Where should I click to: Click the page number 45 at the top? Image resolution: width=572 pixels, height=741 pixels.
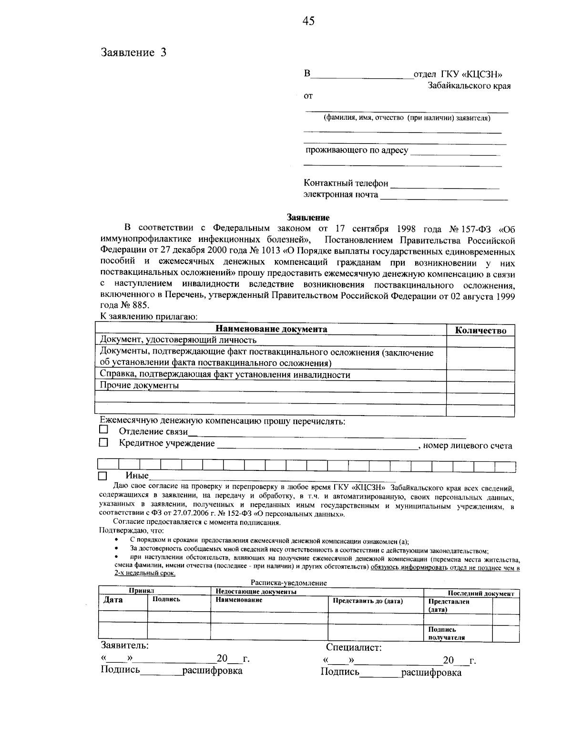coord(308,21)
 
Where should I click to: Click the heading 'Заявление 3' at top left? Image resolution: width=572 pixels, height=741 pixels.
coord(133,52)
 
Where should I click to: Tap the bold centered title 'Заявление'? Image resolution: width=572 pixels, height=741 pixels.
coord(308,218)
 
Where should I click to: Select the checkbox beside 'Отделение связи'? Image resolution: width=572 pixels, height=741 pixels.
coord(103,430)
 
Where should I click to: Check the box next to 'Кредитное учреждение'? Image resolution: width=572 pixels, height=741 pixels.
coord(103,443)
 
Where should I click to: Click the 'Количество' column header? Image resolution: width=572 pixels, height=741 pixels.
coord(480,330)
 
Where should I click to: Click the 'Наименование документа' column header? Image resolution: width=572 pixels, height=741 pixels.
coord(271,329)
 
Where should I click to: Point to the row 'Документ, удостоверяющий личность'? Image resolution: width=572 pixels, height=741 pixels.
coord(178,340)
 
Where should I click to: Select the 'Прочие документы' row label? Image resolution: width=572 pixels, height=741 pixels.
coord(139,386)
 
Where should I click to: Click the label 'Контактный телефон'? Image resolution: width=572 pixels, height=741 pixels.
coord(346,183)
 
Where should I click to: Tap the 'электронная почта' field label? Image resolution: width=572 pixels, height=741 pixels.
coord(341,195)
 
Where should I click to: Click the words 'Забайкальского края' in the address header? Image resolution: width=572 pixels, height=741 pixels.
coord(469,86)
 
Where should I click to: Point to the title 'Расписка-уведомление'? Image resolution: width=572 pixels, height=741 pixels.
coord(288,583)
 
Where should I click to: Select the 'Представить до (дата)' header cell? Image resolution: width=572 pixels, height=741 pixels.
coord(368,601)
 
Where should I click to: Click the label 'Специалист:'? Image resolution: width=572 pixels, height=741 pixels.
coord(354,647)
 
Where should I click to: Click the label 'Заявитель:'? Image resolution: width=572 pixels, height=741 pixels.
coord(124,646)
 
